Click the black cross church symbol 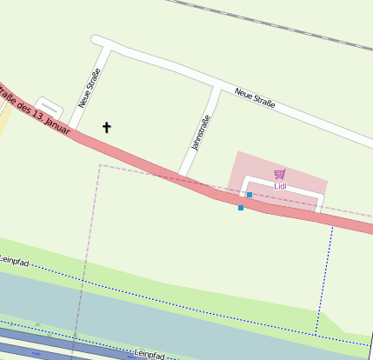[107, 128]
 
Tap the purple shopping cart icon [279, 174]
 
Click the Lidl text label [280, 185]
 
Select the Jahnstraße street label [201, 132]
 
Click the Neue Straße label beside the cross [90, 87]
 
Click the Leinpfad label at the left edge [15, 259]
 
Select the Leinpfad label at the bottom [150, 355]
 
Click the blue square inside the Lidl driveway [250, 195]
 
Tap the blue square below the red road [241, 208]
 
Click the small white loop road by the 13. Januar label [49, 106]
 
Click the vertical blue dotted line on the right [324, 278]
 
